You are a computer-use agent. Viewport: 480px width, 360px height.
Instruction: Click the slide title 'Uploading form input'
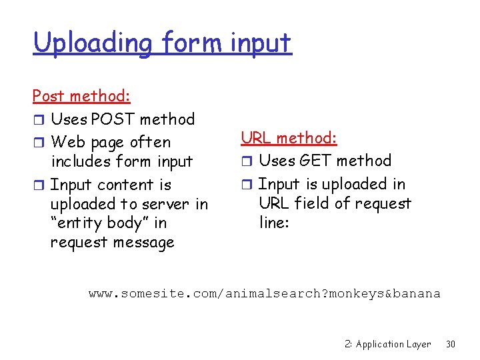(x=162, y=43)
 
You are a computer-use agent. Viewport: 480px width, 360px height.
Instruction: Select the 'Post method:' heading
(x=81, y=96)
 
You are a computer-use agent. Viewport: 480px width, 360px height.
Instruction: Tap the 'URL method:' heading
(x=289, y=138)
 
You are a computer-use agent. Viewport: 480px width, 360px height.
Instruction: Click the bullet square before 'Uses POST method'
(x=38, y=120)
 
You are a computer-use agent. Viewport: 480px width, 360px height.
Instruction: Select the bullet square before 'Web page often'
(x=38, y=143)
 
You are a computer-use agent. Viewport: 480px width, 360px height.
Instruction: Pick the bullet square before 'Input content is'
(x=38, y=185)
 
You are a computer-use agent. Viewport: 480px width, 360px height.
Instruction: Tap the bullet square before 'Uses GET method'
(x=246, y=161)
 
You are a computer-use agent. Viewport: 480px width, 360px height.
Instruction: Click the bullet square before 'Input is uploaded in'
(x=246, y=185)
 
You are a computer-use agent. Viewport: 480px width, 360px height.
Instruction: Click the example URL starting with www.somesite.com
(x=265, y=293)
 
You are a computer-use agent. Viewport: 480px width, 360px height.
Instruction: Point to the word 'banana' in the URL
(x=418, y=293)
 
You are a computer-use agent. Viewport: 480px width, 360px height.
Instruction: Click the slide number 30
(x=450, y=344)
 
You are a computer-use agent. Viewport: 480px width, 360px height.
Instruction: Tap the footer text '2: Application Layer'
(x=388, y=344)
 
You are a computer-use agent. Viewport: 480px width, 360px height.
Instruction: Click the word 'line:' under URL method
(x=274, y=223)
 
